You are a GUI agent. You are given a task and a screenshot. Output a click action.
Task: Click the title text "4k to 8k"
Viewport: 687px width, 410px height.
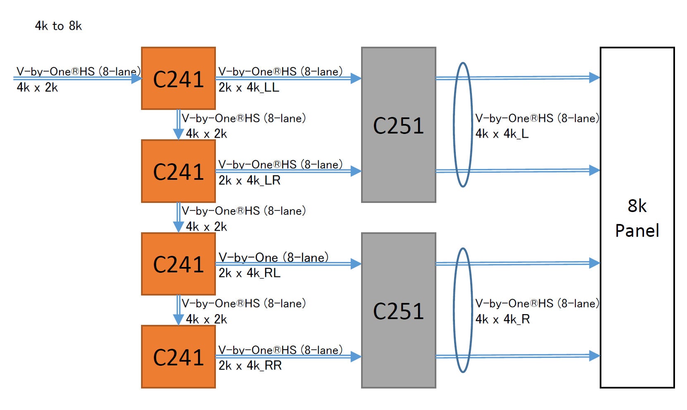point(58,26)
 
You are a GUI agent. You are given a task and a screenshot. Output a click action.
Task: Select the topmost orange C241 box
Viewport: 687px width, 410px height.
point(178,79)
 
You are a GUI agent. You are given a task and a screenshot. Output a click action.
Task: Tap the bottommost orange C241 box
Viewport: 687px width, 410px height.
point(178,357)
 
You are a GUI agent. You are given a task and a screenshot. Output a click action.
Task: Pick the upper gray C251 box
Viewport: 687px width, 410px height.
point(398,125)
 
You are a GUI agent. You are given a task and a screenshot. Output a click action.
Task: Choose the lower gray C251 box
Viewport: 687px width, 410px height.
point(398,310)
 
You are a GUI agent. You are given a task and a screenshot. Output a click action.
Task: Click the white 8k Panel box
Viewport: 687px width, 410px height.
point(637,218)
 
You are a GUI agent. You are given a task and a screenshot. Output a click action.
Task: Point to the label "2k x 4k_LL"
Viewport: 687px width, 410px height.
point(249,88)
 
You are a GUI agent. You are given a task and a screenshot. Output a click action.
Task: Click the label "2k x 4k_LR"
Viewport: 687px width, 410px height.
point(249,180)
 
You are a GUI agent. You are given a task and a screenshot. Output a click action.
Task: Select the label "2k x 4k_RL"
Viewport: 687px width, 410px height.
point(249,273)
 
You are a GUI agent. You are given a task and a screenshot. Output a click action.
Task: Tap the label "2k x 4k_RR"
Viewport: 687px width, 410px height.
point(250,365)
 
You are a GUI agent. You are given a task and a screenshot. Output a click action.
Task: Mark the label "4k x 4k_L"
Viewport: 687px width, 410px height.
point(502,134)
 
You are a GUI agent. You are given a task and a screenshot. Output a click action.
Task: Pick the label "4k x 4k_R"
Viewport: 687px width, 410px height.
point(503,319)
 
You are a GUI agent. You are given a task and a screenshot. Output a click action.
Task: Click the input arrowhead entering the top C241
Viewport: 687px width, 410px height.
point(136,78)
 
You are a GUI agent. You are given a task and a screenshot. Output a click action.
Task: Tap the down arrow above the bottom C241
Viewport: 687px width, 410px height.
point(178,318)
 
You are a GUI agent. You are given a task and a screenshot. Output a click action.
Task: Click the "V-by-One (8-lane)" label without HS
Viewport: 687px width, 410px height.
point(273,257)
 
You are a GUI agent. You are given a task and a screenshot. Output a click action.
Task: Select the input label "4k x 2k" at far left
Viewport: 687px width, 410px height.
point(37,88)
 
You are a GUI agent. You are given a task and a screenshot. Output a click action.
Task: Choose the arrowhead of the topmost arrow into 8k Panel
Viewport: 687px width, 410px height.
point(594,77)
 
